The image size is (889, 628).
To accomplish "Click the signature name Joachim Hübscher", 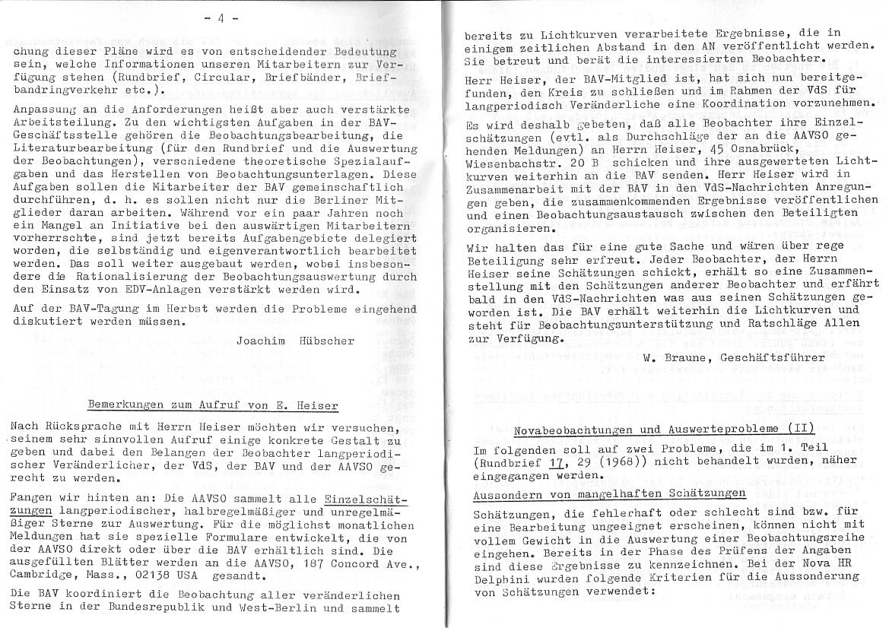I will click(295, 341).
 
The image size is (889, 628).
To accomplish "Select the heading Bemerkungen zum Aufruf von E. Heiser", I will click(212, 405).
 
